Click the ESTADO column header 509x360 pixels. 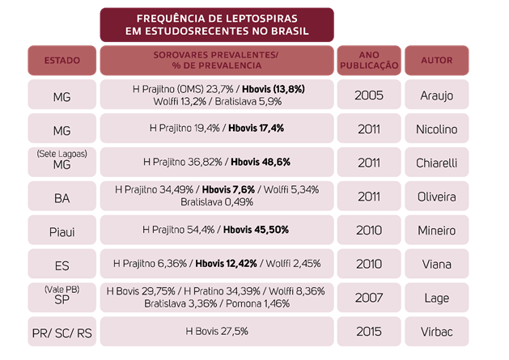(x=62, y=61)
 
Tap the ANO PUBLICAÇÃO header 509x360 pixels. (x=368, y=61)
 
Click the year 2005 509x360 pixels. (x=368, y=95)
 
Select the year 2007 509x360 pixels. (x=368, y=298)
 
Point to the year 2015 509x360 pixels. (x=368, y=331)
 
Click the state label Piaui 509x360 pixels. (x=62, y=231)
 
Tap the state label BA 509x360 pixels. (x=62, y=197)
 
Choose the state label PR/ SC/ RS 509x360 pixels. (x=62, y=331)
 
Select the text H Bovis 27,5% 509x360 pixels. (x=217, y=331)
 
